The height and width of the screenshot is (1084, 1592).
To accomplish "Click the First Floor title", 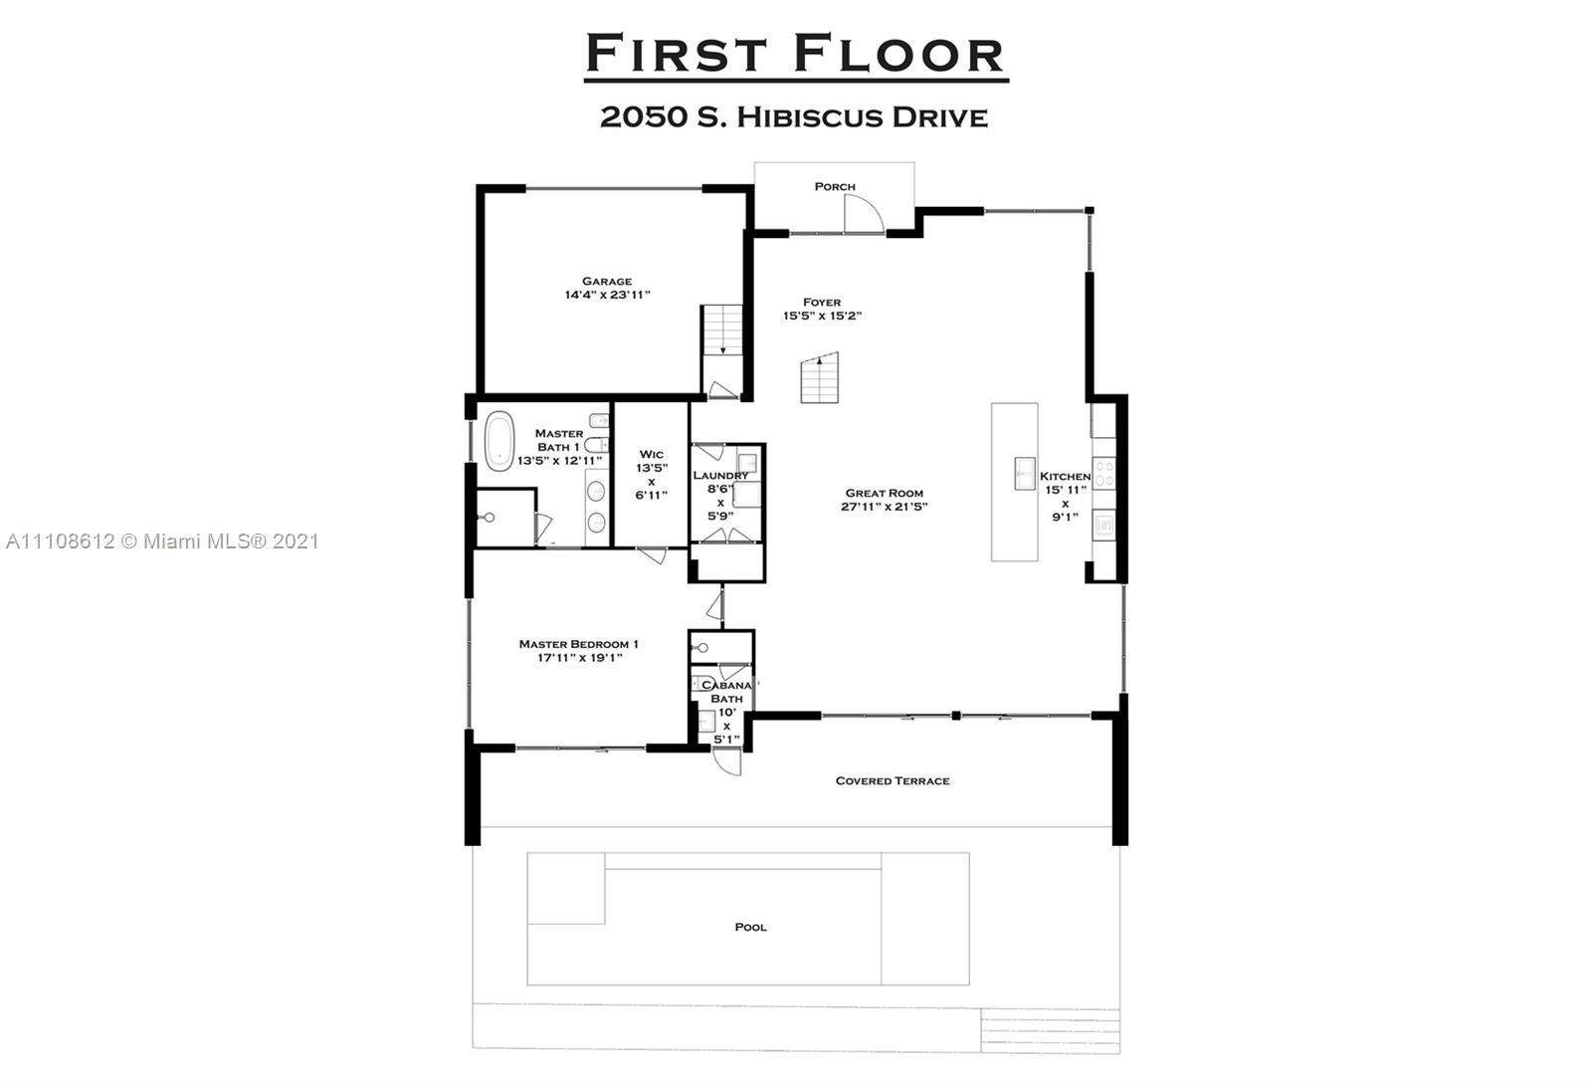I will pos(795,54).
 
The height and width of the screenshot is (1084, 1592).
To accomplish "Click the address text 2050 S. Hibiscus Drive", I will pos(793,117).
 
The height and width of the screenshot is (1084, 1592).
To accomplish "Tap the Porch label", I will pos(834,186).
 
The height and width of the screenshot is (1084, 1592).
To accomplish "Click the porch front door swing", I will pos(862,213).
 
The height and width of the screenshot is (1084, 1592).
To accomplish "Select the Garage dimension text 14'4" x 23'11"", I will pos(607,295).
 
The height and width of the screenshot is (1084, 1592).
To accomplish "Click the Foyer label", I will pos(822,302).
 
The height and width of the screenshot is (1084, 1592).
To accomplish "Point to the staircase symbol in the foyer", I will pos(820,378).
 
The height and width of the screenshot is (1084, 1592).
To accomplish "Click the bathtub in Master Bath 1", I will pos(498,439).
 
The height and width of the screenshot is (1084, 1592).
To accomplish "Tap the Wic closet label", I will pos(652,454).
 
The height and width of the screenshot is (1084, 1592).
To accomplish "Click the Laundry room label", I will pos(720,476).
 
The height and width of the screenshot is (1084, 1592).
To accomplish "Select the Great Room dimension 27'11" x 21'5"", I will pos(884,507).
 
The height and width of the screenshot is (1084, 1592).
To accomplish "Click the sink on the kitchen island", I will pos(1024,473).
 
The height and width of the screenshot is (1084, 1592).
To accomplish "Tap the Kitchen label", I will pos(1065,477).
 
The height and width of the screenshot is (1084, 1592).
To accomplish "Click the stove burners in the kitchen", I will pos(1103,470).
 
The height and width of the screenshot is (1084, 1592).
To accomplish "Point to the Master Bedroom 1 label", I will pos(578,644).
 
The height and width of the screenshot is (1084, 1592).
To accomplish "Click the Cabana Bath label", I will pos(726,692).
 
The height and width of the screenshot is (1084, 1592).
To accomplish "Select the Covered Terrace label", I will pos(892,780).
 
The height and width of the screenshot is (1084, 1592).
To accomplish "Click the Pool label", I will pos(750,927).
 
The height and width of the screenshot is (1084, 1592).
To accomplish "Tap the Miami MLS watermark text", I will pos(162,542).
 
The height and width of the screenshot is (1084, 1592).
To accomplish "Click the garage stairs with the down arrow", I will pos(722,330).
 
